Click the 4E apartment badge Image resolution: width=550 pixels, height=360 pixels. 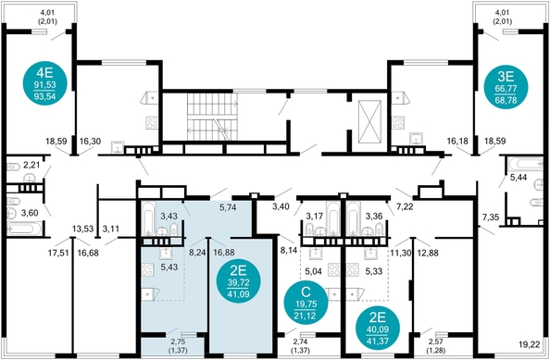[x=44, y=84]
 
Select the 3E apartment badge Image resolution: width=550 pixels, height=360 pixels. [x=506, y=87]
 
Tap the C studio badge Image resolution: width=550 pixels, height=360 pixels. [x=306, y=303]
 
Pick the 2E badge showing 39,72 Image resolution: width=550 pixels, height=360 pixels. [x=239, y=280]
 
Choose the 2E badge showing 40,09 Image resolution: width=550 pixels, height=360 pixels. [x=378, y=329]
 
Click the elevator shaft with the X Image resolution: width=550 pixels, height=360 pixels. [x=369, y=121]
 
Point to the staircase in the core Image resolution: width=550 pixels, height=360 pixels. [x=212, y=117]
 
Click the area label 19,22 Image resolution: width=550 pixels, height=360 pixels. [x=530, y=345]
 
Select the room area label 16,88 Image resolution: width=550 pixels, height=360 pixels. [x=224, y=253]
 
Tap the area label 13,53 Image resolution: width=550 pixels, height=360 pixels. [x=82, y=230]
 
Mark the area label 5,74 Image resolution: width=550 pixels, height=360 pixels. [x=228, y=207]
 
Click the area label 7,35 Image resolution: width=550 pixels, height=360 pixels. [x=491, y=217]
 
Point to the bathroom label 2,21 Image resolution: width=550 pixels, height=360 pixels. [x=31, y=165]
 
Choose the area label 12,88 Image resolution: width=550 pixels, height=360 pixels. [x=429, y=253]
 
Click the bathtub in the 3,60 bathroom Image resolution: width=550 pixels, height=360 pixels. [x=24, y=229]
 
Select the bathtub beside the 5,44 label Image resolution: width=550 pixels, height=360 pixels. [x=525, y=164]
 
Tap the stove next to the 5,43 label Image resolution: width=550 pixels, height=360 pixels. [x=147, y=269]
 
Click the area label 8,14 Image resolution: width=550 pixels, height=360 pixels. [x=289, y=250]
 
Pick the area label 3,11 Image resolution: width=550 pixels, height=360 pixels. [x=111, y=230]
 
